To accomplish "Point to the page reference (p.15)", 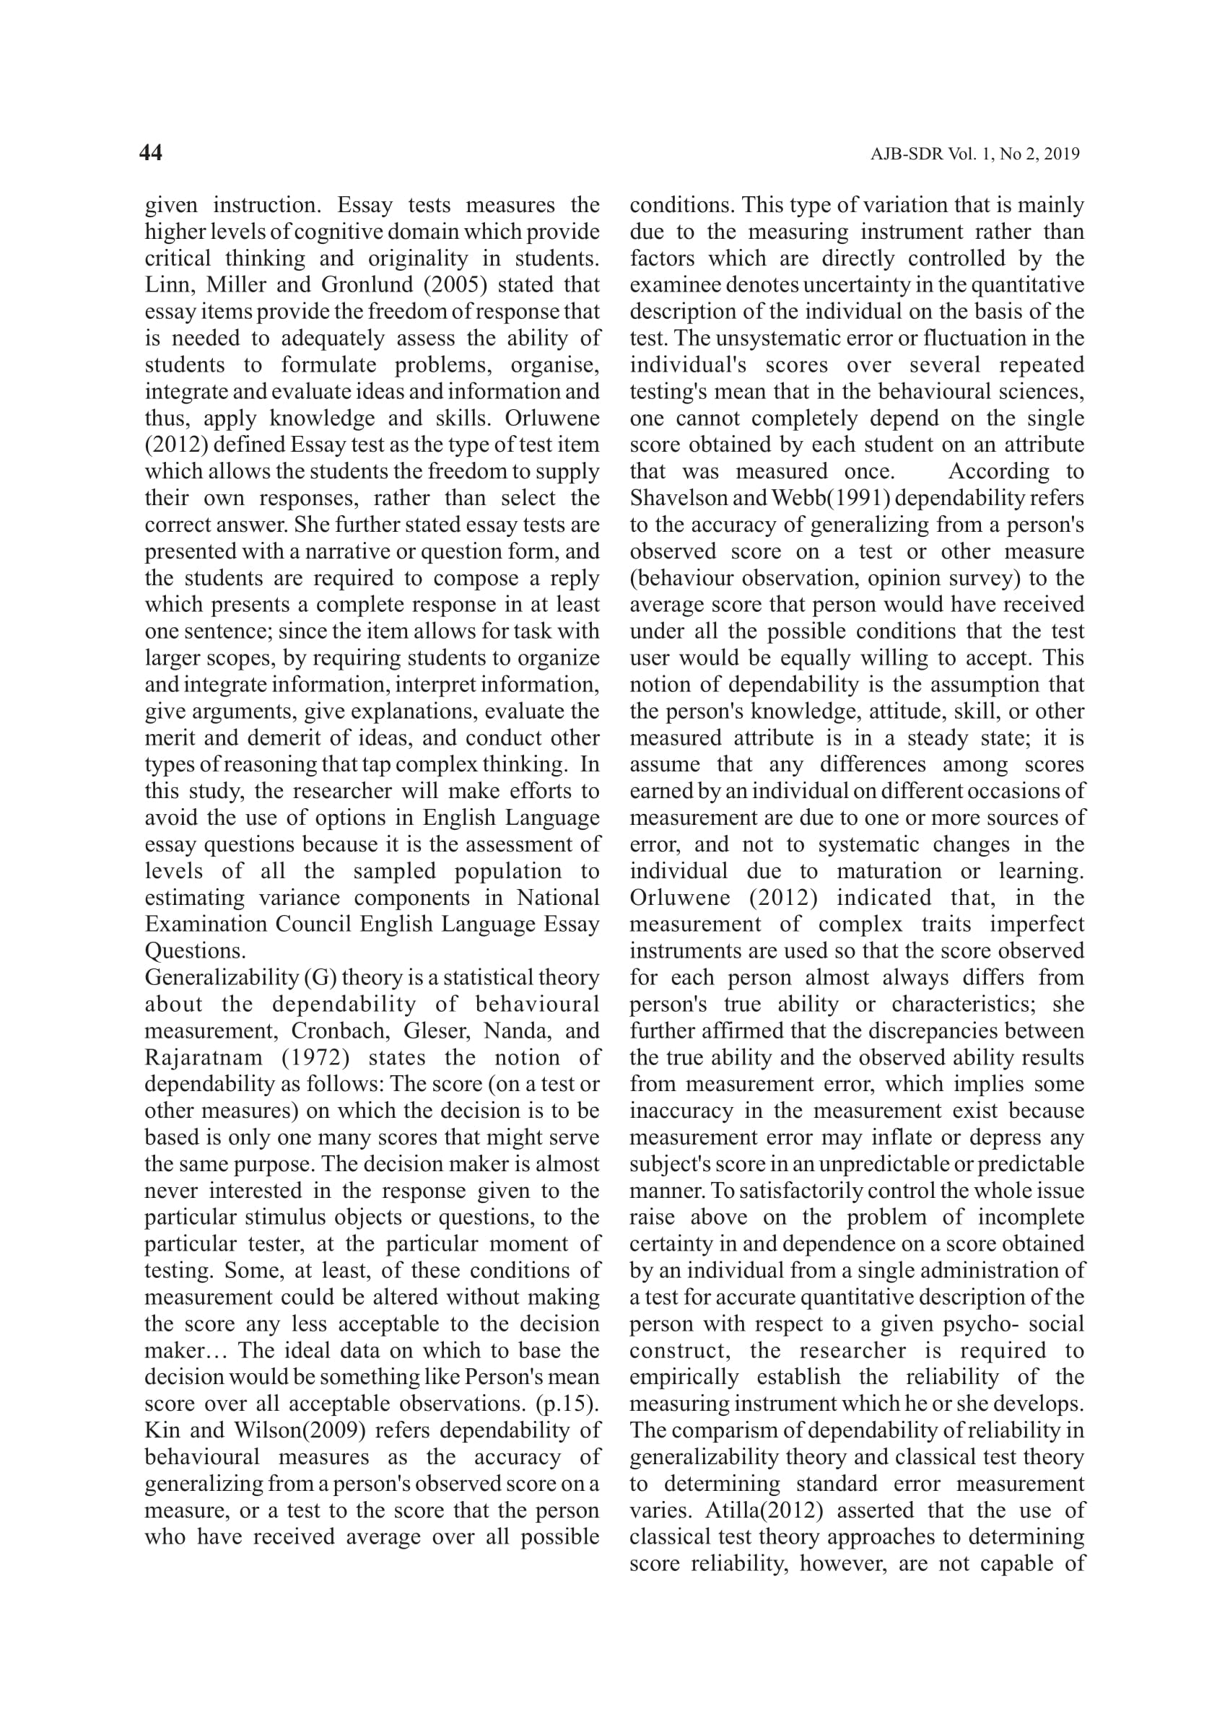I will click(x=567, y=1404).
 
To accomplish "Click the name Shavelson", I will click(x=679, y=498).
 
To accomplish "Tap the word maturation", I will click(x=889, y=871).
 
